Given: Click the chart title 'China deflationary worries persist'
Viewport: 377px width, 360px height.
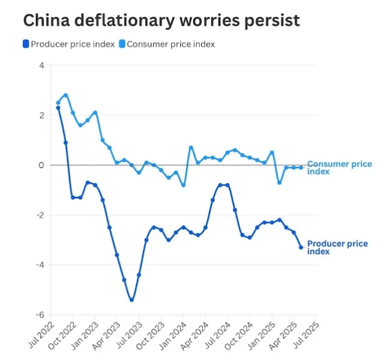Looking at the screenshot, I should [161, 20].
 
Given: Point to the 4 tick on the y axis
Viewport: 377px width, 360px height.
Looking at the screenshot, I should [41, 65].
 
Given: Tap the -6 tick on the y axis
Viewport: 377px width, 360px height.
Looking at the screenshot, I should [40, 315].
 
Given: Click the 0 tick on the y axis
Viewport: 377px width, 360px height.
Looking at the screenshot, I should [41, 165].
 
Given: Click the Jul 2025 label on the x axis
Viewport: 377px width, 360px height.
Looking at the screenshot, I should [306, 336].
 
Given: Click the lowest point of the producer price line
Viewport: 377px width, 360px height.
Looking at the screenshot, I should [131, 300].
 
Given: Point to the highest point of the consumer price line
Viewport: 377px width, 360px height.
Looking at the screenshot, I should [65, 95].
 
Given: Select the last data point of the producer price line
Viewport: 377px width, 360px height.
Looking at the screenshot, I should [301, 247].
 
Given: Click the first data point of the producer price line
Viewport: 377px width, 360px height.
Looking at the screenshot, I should [58, 107].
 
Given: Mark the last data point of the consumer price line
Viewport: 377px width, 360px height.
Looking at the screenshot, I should [301, 167].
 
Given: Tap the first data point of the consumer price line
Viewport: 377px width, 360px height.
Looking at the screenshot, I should [58, 103].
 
